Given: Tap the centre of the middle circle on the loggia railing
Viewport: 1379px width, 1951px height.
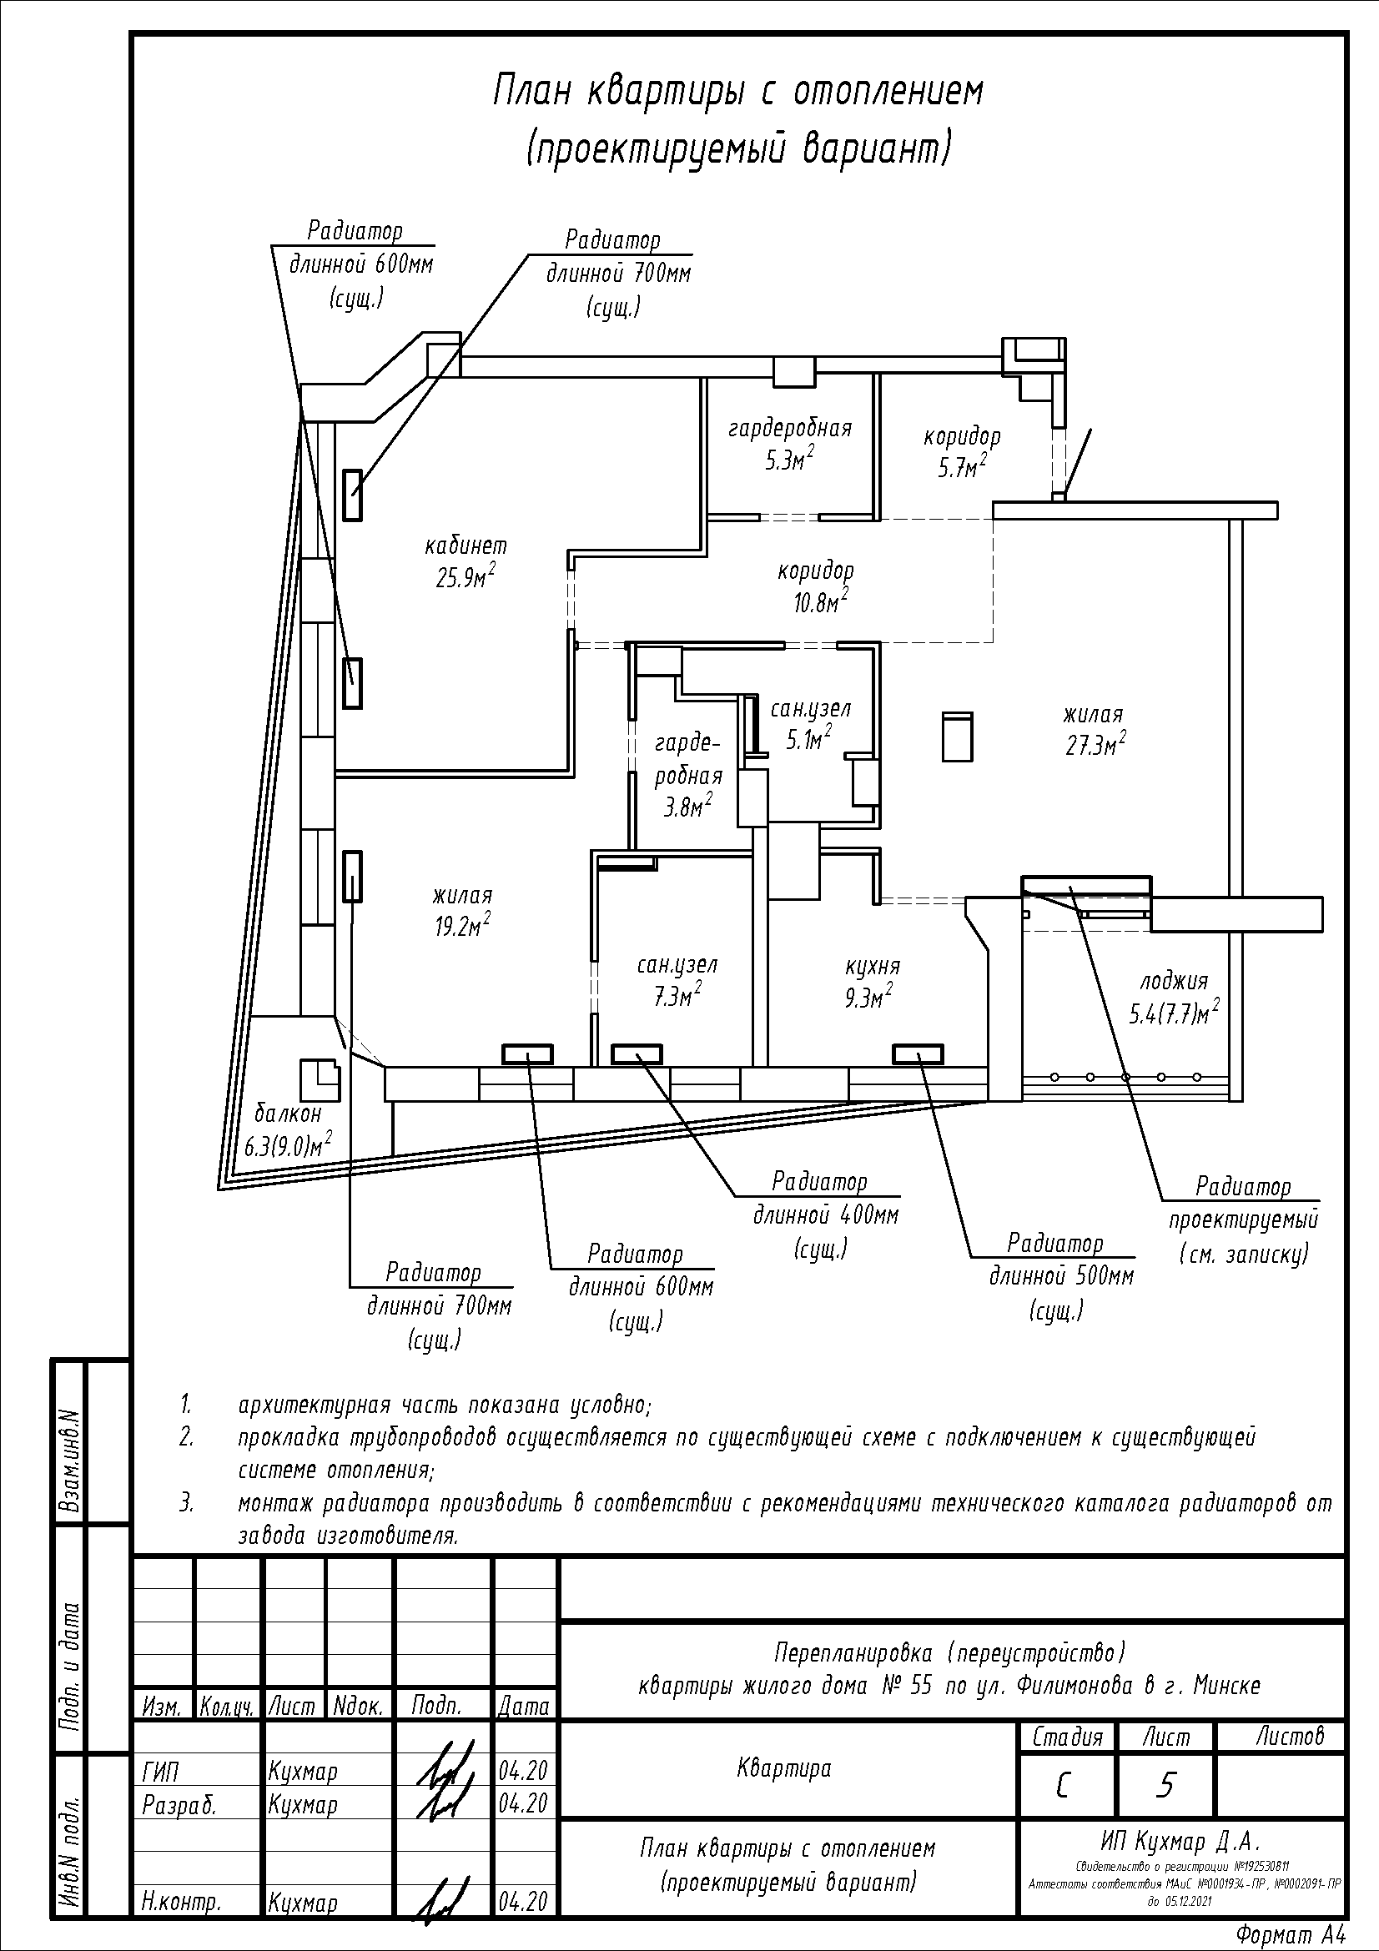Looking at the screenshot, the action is click(x=1125, y=1077).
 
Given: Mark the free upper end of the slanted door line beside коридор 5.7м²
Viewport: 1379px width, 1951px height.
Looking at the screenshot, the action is click(x=1092, y=429).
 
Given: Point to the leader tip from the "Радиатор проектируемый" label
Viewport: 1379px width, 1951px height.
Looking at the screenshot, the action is click(x=1070, y=888).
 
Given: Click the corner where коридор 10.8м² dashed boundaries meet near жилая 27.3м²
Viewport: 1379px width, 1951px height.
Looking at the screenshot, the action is click(x=994, y=642).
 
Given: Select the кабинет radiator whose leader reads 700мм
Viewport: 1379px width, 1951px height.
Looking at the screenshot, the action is click(x=353, y=495).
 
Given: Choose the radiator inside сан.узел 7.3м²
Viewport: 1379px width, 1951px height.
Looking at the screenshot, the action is click(x=637, y=1054).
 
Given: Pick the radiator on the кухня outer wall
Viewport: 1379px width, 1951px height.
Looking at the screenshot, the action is click(x=918, y=1054).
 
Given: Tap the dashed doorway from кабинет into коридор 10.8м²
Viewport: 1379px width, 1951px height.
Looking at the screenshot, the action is click(x=571, y=599).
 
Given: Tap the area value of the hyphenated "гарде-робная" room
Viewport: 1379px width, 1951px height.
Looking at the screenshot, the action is click(x=687, y=805).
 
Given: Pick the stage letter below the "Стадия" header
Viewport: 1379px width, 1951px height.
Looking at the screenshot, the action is click(x=1062, y=1787).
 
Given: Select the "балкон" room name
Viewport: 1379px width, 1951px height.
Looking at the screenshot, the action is click(x=288, y=1113).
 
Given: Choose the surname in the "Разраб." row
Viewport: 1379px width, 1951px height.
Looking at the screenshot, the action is click(x=303, y=1804).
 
